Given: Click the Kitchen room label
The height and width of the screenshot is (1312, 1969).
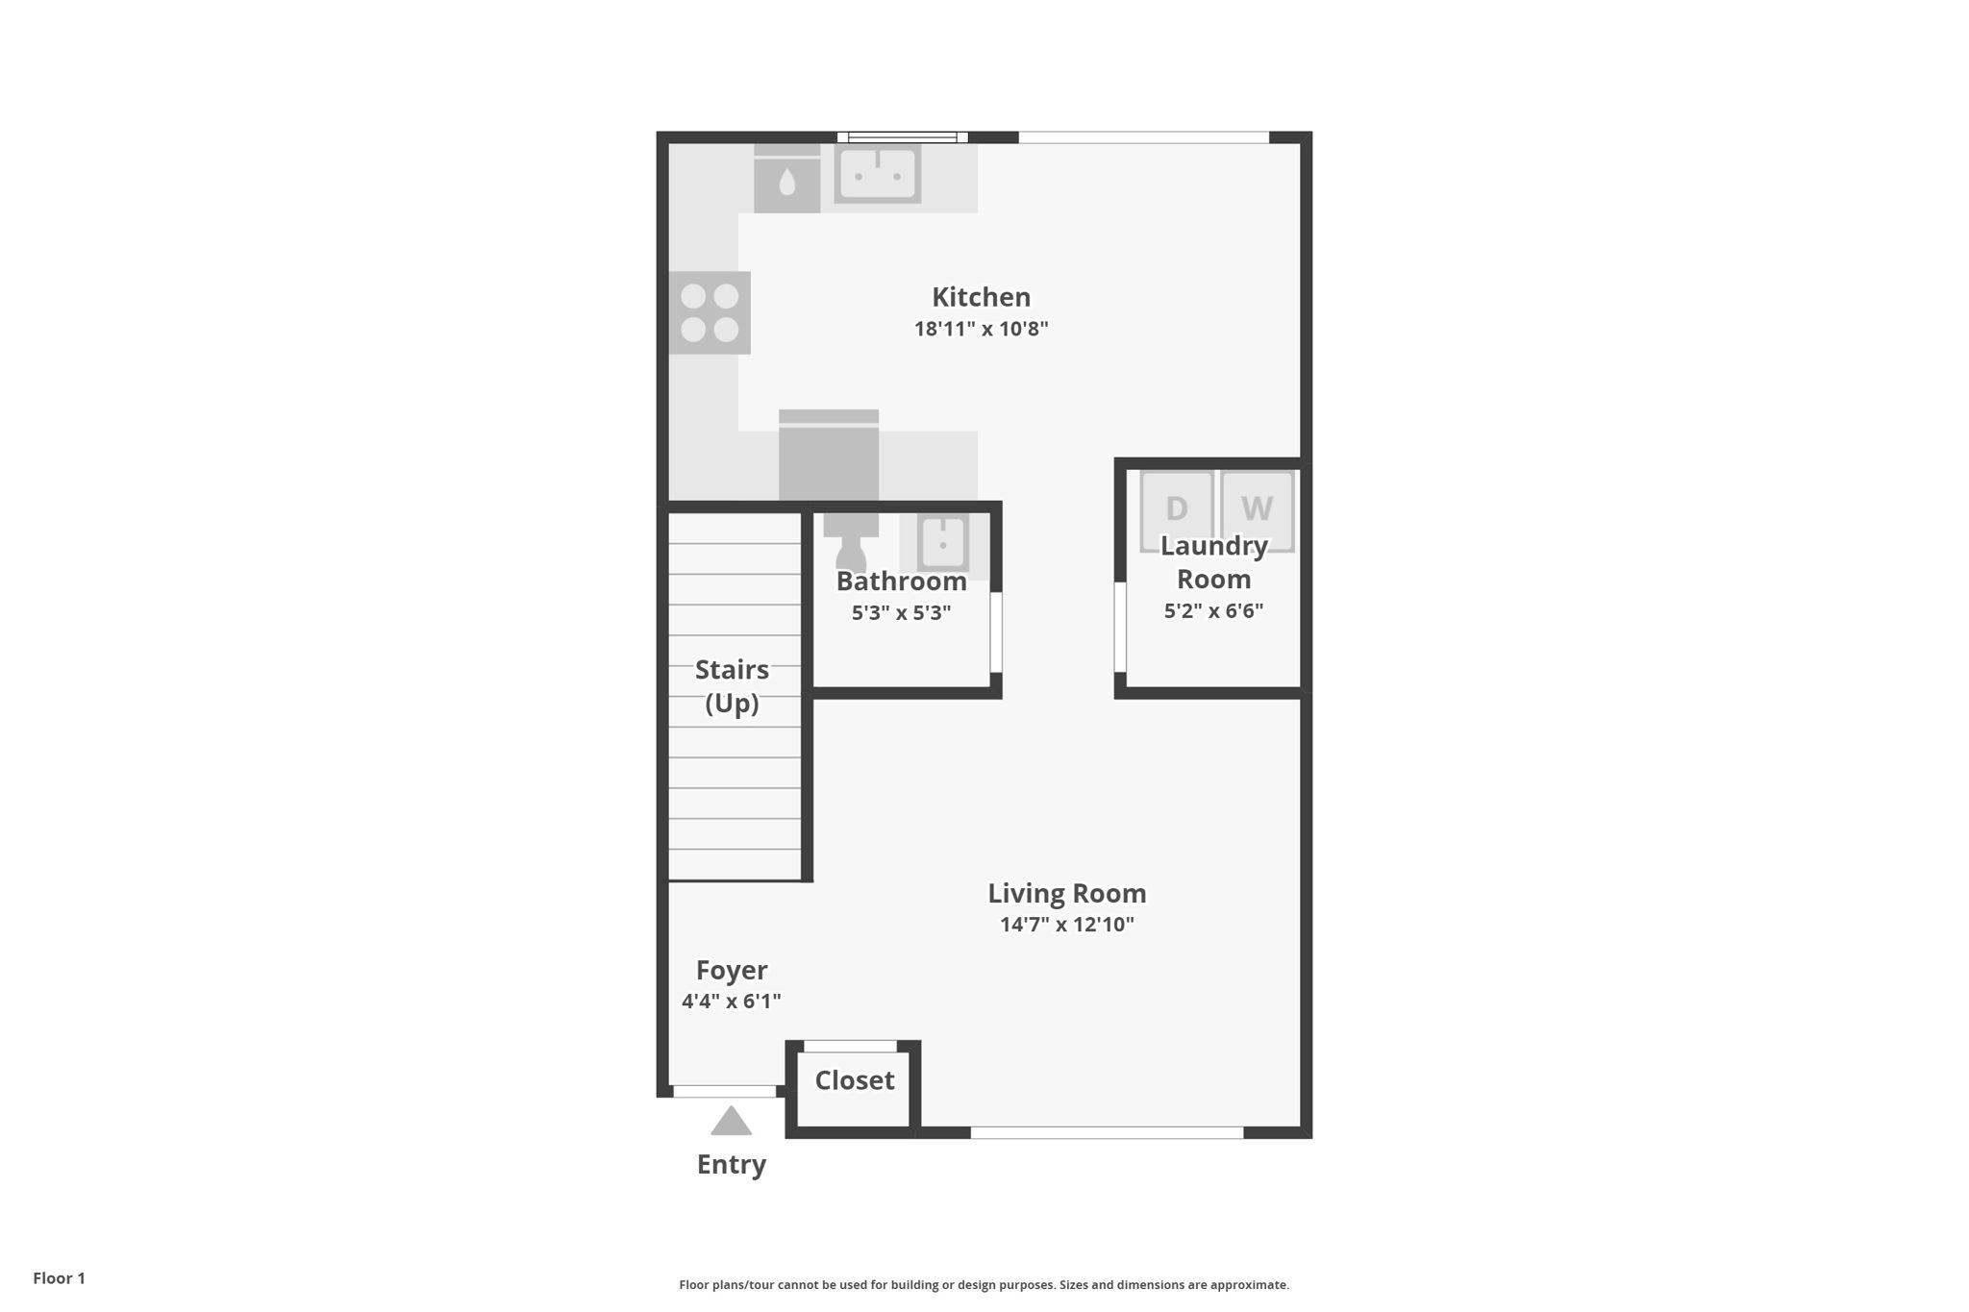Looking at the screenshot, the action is tap(981, 297).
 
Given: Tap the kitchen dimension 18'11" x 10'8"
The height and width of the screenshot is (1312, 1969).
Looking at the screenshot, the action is tap(981, 329).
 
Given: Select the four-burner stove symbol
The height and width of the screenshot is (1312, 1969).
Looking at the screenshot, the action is tap(710, 312).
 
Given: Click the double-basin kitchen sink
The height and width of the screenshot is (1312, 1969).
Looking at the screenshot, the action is tap(877, 174).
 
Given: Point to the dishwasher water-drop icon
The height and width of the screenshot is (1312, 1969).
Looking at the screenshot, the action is tap(787, 181).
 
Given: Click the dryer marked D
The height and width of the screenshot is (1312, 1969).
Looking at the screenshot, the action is tap(1177, 510).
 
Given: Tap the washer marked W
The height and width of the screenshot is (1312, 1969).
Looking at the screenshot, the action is tap(1257, 510).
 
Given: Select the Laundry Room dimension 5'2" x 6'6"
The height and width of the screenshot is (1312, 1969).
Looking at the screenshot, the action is tap(1213, 610).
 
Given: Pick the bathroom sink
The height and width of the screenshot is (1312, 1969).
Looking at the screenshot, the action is tap(942, 542).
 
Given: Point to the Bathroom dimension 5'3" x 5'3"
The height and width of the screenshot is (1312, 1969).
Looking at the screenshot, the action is tap(901, 612).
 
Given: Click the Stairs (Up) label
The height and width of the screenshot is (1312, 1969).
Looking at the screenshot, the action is tap(732, 686).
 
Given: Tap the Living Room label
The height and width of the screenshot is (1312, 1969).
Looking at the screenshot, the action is tap(1067, 893).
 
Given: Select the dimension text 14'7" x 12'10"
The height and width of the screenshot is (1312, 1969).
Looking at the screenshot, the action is tap(1067, 925).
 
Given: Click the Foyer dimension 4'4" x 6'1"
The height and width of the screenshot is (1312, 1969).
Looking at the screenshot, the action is tap(731, 1002).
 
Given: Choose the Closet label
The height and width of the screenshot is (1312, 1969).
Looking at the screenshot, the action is tap(855, 1080).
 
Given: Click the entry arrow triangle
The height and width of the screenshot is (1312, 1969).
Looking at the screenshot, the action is tap(731, 1121).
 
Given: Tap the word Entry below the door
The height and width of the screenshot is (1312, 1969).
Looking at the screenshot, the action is tap(732, 1165).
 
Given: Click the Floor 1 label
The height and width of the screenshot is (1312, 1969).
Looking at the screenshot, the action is tap(59, 1278).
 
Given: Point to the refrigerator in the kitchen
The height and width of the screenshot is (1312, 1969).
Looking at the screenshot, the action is tap(829, 456).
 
